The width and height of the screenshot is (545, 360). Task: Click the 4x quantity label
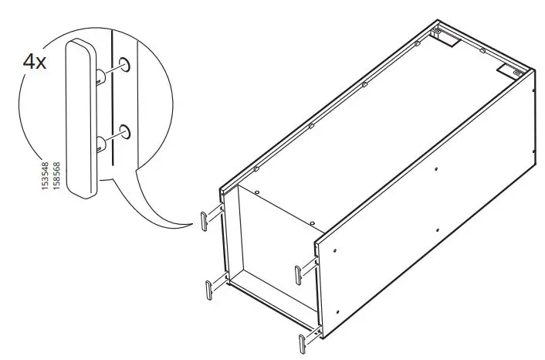[35, 61]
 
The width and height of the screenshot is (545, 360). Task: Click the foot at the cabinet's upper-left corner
[208, 221]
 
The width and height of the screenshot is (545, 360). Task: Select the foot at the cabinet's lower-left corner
[210, 290]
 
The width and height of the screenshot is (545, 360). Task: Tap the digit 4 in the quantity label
[29, 61]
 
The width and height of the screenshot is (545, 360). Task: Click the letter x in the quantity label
[42, 63]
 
